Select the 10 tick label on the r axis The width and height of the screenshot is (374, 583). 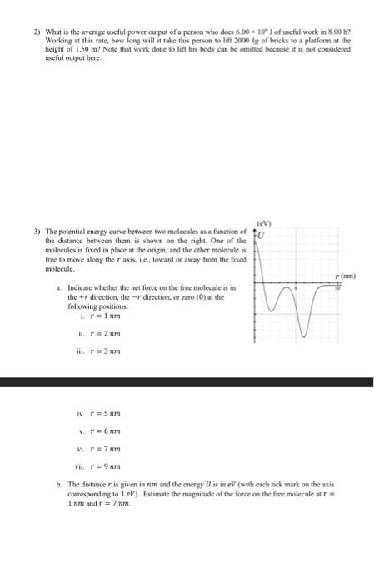point(337,287)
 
